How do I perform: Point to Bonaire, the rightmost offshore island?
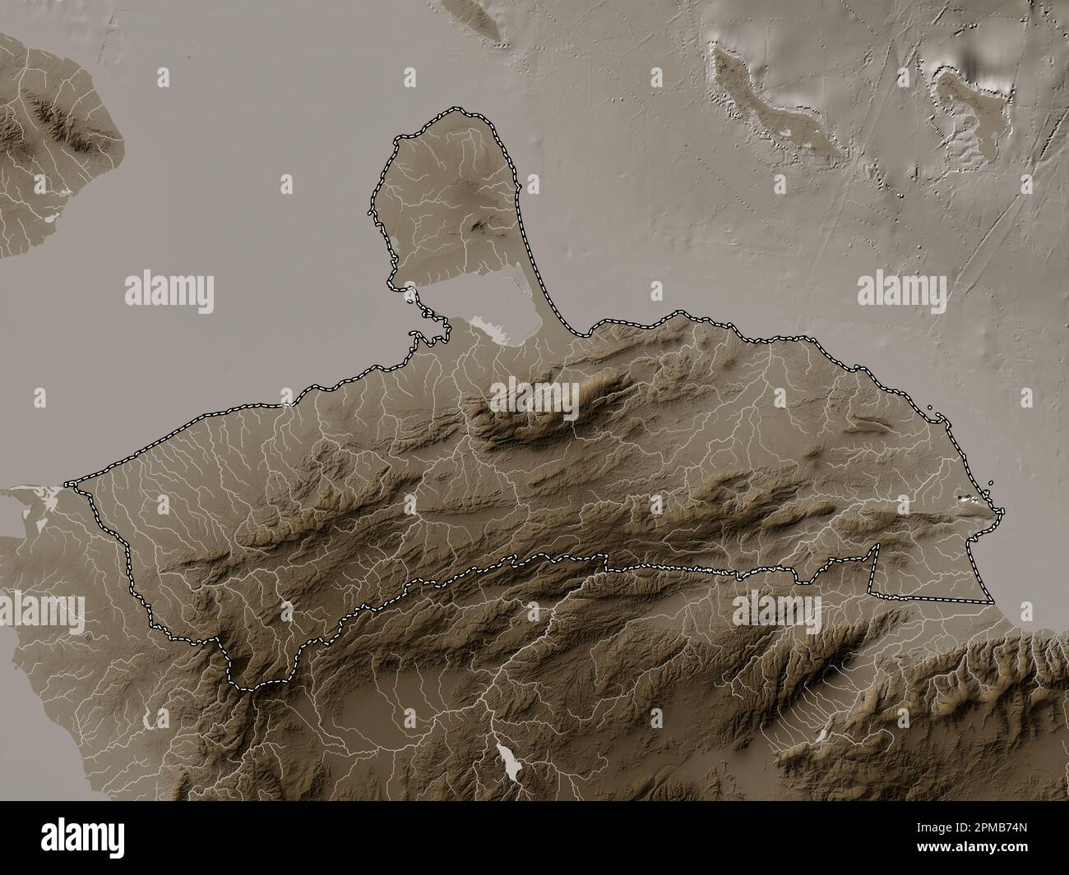click(962, 115)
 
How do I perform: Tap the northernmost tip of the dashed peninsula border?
click(452, 111)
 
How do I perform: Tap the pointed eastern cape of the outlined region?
click(998, 511)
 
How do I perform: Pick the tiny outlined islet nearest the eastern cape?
click(992, 484)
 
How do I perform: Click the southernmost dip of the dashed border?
click(255, 687)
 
